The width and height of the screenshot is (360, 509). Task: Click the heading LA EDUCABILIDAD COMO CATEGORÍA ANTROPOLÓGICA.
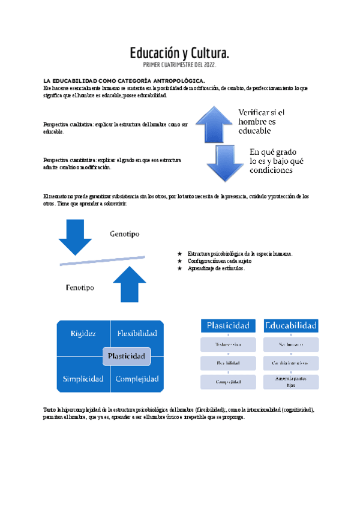[x=124, y=80]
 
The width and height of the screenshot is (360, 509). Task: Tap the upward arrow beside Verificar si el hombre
[x=213, y=124]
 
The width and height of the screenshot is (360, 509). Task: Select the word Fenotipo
[x=83, y=288]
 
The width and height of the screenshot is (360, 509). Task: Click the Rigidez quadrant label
[x=83, y=333]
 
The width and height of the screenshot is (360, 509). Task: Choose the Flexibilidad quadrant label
[x=137, y=333]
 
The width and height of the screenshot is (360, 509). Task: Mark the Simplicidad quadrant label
[x=83, y=379]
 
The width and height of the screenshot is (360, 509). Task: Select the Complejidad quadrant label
[x=137, y=379]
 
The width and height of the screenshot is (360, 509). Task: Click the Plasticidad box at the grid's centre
[x=126, y=356]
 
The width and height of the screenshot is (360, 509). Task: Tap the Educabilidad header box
[x=291, y=325]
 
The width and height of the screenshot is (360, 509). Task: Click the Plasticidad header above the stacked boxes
[x=228, y=325]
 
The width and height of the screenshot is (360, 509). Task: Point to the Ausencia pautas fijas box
[x=291, y=382]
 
